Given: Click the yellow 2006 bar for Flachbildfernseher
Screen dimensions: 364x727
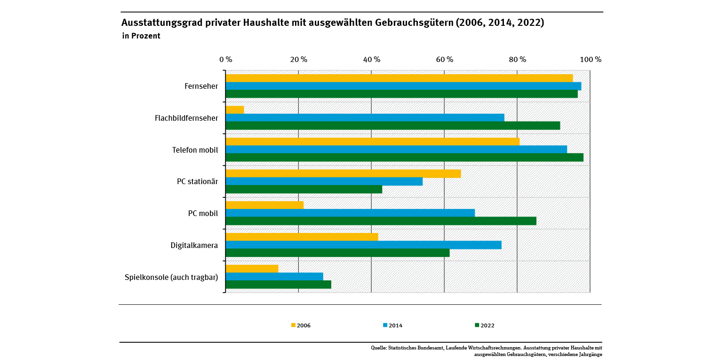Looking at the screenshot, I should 235,110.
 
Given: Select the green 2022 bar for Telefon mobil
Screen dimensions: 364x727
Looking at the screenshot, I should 404,157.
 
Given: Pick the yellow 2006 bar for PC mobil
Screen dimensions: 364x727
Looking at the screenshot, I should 264,205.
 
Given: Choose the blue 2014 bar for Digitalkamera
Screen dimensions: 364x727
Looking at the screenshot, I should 363,245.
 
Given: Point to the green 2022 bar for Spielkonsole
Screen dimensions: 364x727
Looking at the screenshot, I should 278,285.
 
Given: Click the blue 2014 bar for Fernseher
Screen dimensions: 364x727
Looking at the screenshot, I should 403,86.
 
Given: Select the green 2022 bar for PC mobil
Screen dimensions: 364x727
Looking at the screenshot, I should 381,221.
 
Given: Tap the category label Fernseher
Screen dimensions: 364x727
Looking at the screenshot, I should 201,86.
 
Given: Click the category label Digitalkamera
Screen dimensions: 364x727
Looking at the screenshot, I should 194,245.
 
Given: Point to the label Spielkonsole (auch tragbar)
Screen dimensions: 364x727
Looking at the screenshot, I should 171,277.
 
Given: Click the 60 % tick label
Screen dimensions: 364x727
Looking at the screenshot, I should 444,60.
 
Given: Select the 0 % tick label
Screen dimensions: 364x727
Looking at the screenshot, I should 226,60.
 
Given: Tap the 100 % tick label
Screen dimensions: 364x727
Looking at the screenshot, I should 591,60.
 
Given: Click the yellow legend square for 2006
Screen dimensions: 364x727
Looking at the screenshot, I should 293,325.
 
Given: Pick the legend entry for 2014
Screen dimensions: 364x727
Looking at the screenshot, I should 392,325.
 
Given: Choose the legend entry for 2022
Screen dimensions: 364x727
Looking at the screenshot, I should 484,325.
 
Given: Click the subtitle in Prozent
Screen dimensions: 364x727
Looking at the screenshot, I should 141,36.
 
